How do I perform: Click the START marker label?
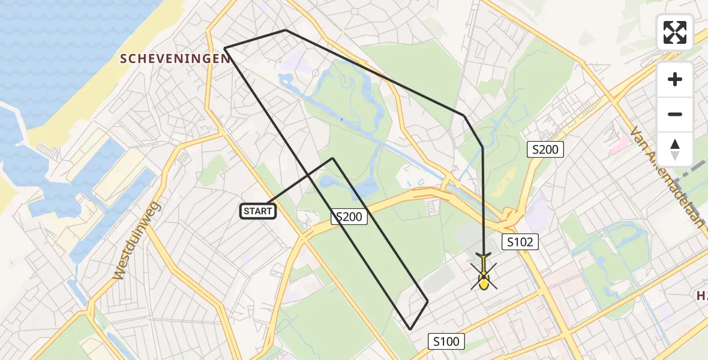(x=259, y=211)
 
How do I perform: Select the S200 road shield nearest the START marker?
(x=349, y=217)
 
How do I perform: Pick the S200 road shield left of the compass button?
(x=545, y=149)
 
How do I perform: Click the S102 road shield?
(x=520, y=242)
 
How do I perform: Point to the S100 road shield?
(x=446, y=341)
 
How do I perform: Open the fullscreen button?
(x=675, y=32)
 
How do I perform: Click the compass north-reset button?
(x=675, y=149)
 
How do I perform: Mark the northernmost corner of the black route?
(x=286, y=30)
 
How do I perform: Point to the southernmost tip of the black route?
(x=410, y=329)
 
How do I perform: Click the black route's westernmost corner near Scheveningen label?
(x=224, y=47)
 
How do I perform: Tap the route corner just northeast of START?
(x=333, y=158)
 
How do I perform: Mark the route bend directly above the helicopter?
(x=482, y=147)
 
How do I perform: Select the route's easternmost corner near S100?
(x=428, y=301)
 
